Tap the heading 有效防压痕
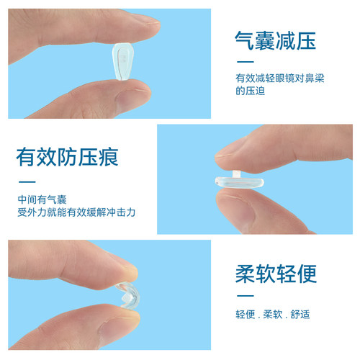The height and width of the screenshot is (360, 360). coord(68,156)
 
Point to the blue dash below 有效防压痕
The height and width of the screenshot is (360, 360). coord(27,181)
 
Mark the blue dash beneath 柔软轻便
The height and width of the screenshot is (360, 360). coord(245,296)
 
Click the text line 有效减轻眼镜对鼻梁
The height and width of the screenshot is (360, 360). coord(279,78)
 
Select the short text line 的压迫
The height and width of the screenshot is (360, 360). coord(249,91)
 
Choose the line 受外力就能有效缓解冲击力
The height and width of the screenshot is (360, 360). coord(76,213)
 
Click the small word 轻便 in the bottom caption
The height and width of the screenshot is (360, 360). coord(246,315)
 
